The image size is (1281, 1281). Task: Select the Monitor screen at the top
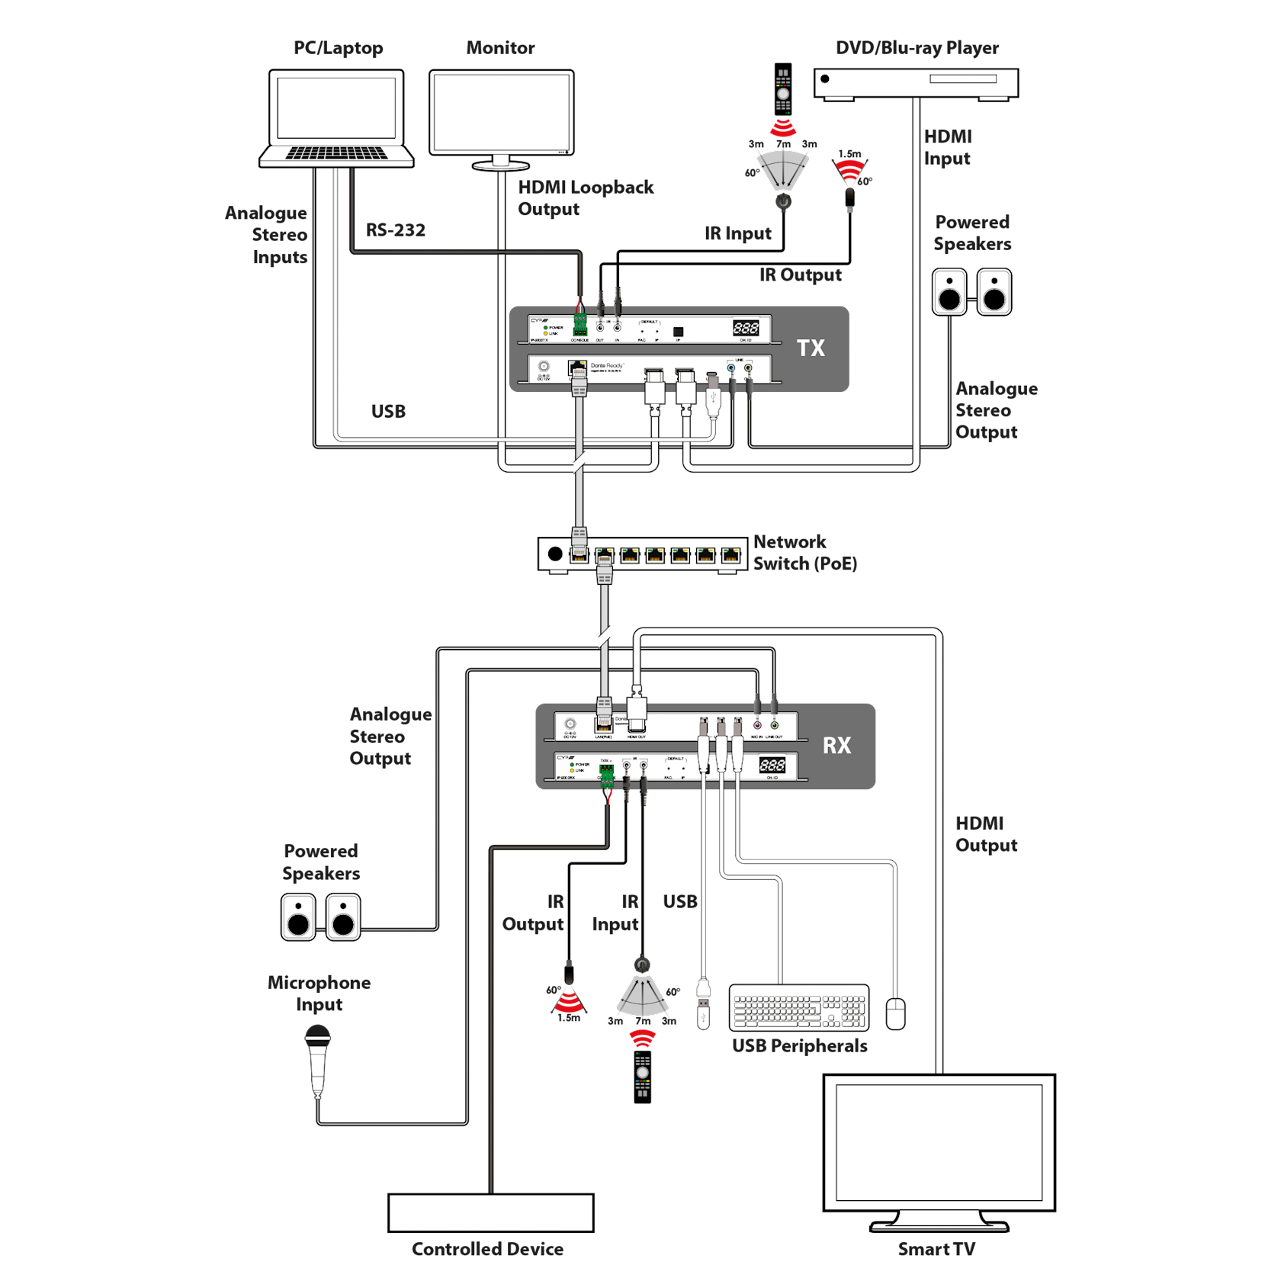click(x=501, y=112)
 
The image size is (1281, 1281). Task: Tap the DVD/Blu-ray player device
click(x=916, y=83)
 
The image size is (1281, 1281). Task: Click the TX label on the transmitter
click(x=811, y=348)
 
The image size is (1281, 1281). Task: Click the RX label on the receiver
click(x=836, y=746)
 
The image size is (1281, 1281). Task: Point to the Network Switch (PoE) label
click(x=804, y=553)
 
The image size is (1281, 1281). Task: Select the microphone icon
click(x=317, y=1059)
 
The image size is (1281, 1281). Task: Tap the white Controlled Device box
click(x=490, y=1212)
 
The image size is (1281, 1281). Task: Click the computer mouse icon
click(x=896, y=1013)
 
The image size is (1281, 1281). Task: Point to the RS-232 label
click(x=395, y=230)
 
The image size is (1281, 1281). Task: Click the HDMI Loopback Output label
click(x=586, y=197)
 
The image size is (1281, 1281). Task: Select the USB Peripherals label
click(x=799, y=1045)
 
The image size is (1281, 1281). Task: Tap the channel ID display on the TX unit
click(x=746, y=328)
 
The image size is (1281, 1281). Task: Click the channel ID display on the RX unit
click(x=772, y=765)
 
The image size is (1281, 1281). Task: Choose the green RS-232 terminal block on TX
click(x=580, y=326)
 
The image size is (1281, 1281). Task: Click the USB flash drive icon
click(x=704, y=1006)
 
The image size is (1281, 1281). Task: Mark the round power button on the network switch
click(x=555, y=554)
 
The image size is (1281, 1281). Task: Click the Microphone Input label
click(x=319, y=994)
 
